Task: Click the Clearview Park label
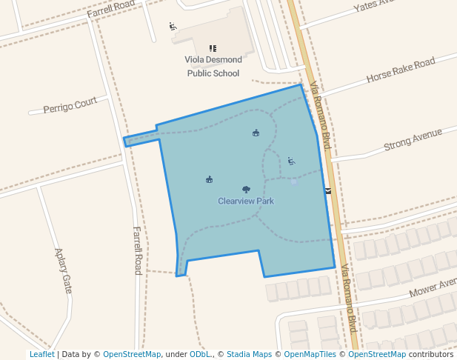pos(246,201)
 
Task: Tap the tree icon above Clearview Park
pos(246,190)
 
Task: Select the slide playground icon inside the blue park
pos(291,161)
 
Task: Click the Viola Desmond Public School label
pos(213,66)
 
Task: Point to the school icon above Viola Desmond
pos(213,48)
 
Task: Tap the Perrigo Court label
pos(70,106)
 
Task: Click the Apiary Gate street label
pos(63,270)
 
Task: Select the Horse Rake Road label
pos(400,71)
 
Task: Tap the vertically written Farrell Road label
pos(137,250)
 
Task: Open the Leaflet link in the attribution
pos(41,354)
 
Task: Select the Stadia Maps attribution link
pos(249,354)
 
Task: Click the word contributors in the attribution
pos(431,354)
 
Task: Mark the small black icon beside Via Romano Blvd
pos(327,190)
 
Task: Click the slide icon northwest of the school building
pos(173,27)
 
